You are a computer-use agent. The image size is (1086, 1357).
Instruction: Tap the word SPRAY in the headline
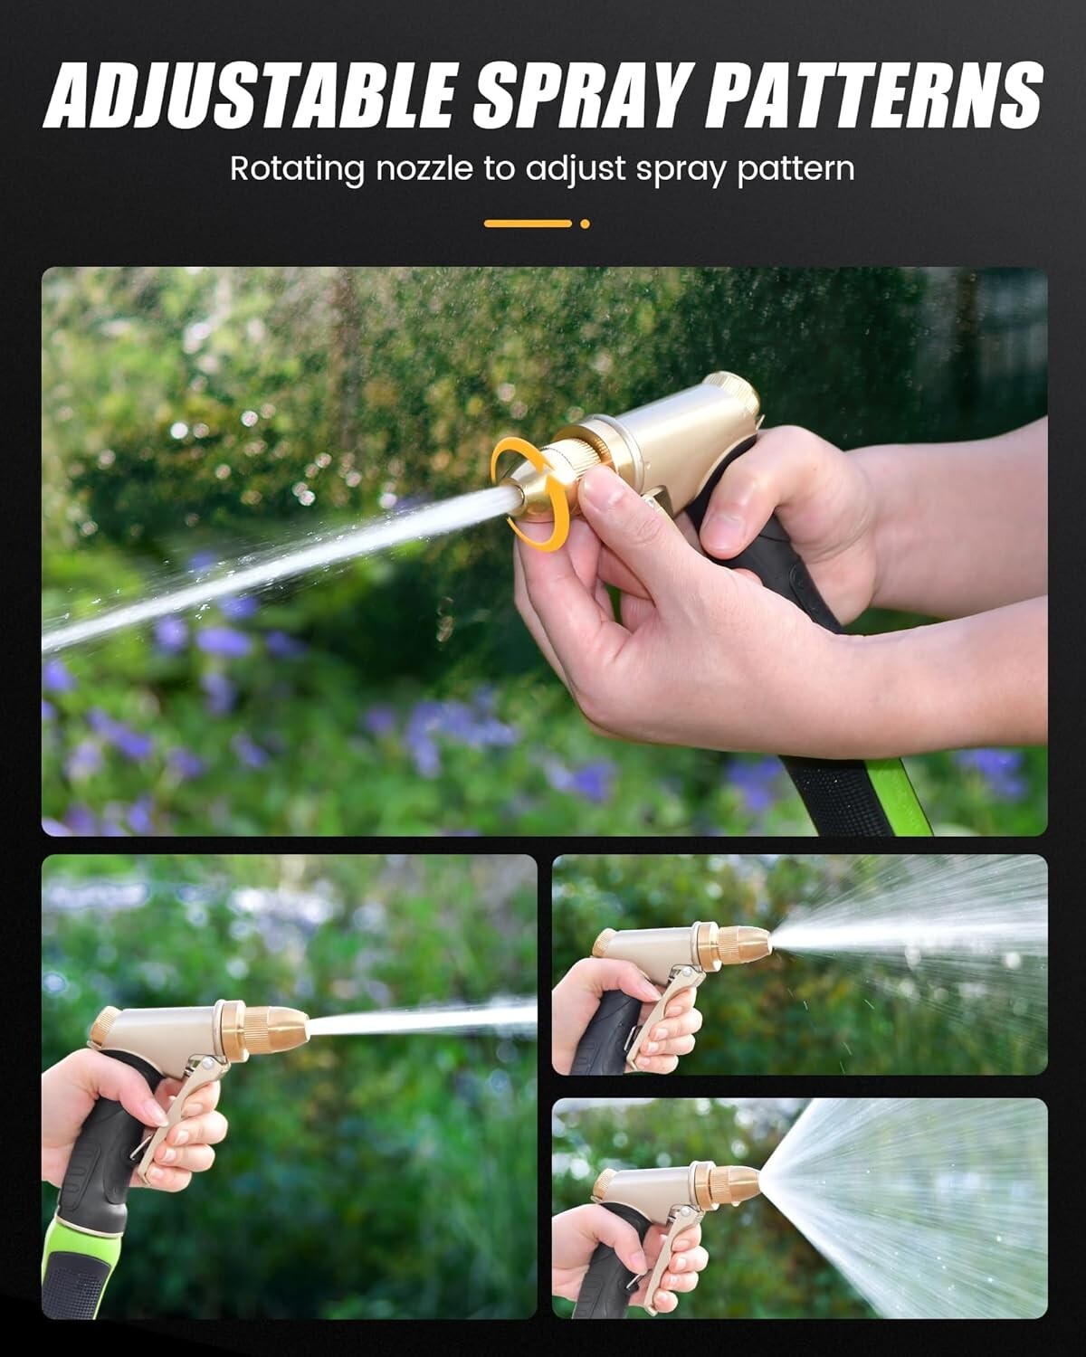582,95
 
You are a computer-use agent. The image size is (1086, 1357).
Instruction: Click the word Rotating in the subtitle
297,169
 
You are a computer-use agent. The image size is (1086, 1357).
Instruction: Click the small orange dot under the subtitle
585,223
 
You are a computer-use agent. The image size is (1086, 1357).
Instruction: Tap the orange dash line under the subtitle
528,223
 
